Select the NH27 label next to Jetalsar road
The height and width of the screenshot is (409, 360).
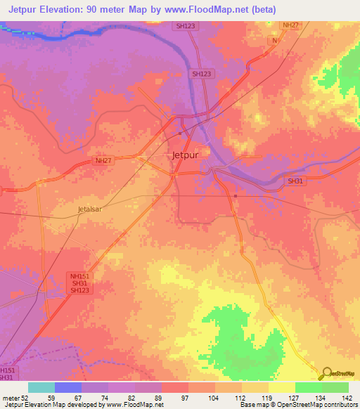pos(103,160)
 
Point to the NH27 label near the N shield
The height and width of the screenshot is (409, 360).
pos(290,25)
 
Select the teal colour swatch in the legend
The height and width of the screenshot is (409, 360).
pos(41,387)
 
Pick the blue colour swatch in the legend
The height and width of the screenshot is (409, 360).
pos(68,387)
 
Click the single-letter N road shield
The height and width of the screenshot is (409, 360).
pos(275,41)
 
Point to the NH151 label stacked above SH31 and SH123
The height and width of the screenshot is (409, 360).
pos(79,276)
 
